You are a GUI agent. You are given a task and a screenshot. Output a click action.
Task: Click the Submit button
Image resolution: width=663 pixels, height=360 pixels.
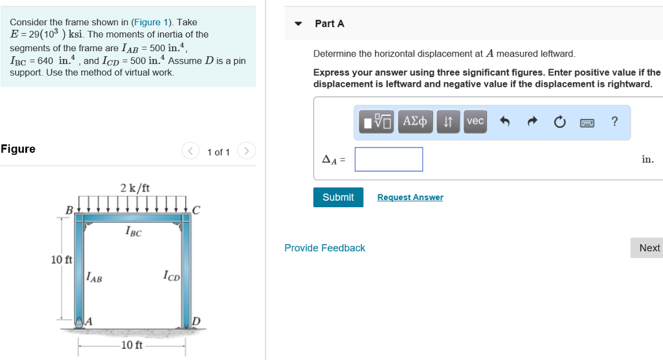click(338, 197)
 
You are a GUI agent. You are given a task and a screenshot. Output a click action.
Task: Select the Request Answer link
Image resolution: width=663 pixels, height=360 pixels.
click(410, 197)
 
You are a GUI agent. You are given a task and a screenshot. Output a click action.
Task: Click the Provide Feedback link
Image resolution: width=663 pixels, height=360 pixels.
click(324, 248)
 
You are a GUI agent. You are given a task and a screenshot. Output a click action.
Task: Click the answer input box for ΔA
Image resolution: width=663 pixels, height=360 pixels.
click(388, 159)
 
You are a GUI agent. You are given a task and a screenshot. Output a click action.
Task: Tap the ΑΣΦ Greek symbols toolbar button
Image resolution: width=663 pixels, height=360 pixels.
click(415, 122)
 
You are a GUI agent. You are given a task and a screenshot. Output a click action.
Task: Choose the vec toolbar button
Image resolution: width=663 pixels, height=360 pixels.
click(475, 122)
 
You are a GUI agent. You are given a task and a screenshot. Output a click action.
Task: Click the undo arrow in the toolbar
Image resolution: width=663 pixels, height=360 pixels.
click(505, 122)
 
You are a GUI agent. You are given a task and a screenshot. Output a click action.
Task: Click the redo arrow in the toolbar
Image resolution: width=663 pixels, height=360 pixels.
click(532, 122)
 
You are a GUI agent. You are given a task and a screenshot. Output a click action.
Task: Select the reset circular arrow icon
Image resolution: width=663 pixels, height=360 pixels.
click(559, 122)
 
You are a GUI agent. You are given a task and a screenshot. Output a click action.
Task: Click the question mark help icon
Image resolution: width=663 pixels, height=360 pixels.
click(614, 122)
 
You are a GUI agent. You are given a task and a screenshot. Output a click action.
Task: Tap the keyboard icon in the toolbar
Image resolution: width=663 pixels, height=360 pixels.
click(587, 122)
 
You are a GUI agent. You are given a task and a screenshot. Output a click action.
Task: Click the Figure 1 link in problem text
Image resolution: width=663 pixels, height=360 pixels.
click(149, 22)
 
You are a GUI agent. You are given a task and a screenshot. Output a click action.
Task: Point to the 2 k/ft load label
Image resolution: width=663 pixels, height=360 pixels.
click(135, 188)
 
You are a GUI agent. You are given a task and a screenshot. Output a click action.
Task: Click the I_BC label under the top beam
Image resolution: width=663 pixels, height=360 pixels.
click(133, 232)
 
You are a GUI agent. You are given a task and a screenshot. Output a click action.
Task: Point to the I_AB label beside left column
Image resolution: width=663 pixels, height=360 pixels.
click(94, 278)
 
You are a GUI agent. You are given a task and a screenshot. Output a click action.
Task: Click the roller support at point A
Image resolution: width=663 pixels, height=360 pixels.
click(80, 322)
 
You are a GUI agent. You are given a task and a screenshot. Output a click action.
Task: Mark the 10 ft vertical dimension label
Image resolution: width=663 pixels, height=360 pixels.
click(62, 260)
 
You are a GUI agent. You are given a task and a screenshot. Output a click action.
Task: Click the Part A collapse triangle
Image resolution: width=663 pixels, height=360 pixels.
click(298, 24)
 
